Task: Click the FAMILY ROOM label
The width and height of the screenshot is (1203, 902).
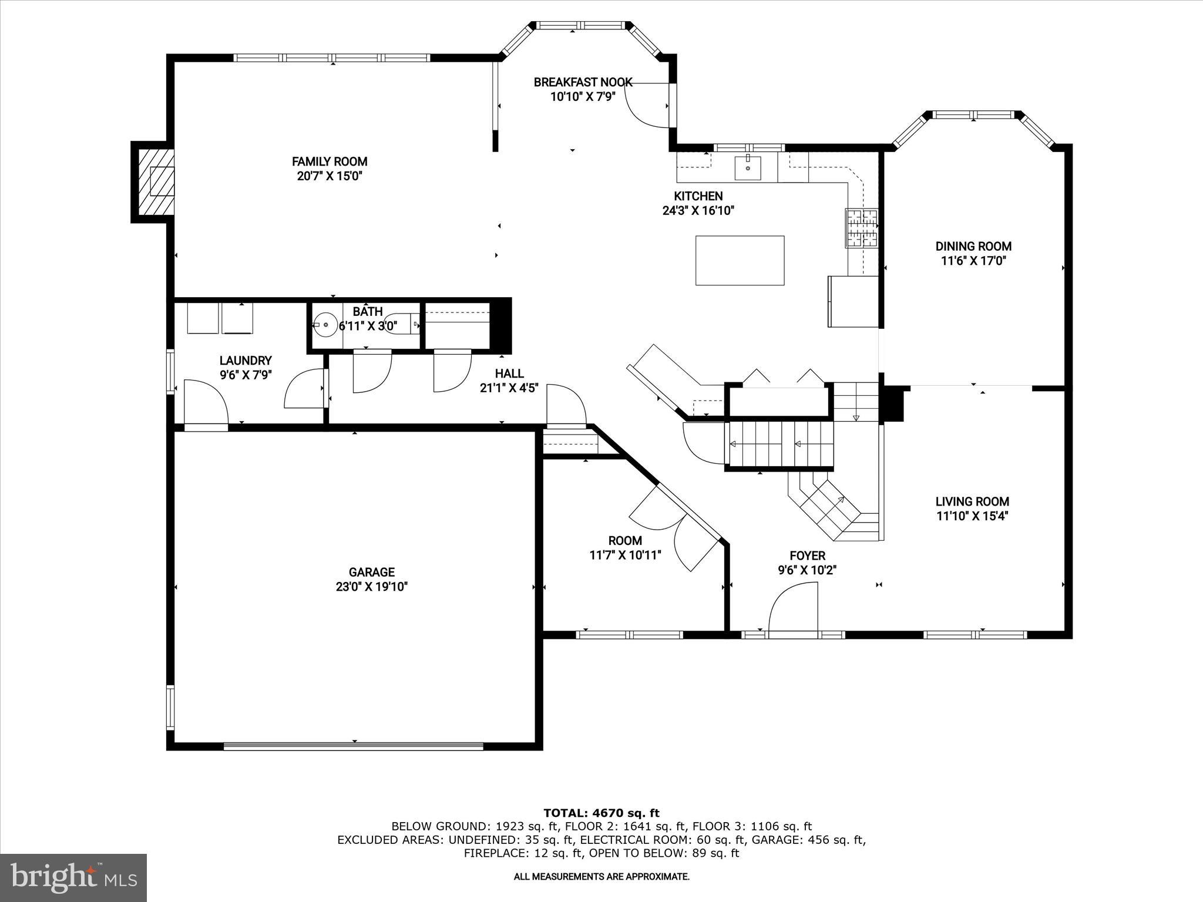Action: (330, 161)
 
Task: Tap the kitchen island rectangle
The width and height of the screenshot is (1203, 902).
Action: (740, 260)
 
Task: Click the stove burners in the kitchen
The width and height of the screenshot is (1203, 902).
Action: (862, 228)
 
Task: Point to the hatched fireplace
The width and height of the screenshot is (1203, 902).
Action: (156, 181)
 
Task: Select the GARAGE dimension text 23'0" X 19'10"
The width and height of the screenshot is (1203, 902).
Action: (371, 587)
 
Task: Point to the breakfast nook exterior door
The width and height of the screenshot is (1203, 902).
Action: (649, 106)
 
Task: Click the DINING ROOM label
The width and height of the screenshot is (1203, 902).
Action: (973, 247)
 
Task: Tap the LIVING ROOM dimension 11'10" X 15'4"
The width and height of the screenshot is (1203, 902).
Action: (972, 516)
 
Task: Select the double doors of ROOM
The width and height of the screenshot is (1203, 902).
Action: (676, 529)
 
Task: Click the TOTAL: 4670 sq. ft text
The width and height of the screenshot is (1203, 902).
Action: (601, 813)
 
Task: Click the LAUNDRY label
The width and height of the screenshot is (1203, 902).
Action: (246, 361)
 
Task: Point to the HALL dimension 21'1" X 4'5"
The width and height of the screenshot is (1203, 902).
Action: (509, 388)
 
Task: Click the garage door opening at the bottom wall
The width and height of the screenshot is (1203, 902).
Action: (353, 746)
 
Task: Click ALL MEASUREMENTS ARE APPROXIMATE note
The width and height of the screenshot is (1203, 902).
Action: (601, 877)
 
